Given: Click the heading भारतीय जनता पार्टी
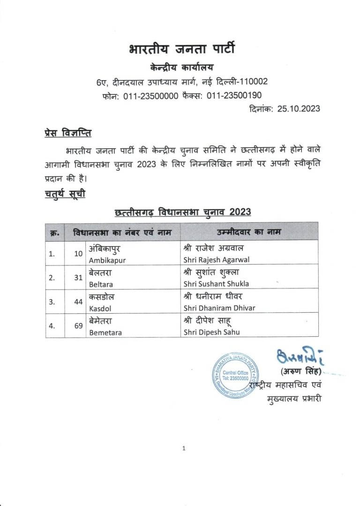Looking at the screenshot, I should (x=181, y=49).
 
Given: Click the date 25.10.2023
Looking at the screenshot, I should (x=299, y=109).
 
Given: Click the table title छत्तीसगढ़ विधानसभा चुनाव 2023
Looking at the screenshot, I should (x=182, y=212).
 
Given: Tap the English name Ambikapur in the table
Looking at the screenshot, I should (x=107, y=260).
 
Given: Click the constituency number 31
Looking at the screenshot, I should (x=78, y=278).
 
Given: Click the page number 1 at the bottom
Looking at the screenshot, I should (x=184, y=448).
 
